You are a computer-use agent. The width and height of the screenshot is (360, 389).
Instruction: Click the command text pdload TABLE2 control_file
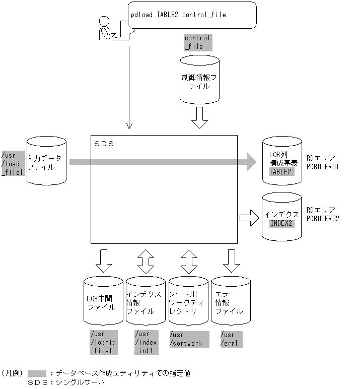(178, 15)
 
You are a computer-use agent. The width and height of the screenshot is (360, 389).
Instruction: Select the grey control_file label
(198, 42)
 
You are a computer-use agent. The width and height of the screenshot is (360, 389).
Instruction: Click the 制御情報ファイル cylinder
(199, 81)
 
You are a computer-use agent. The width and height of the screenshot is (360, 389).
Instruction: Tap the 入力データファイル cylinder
(46, 160)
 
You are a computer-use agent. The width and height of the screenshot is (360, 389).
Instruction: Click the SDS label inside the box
(104, 144)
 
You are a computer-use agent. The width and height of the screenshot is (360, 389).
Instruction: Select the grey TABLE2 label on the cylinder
(281, 172)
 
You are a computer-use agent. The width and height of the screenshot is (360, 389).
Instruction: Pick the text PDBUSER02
(323, 219)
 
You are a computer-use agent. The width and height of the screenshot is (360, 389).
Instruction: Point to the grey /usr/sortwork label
(189, 339)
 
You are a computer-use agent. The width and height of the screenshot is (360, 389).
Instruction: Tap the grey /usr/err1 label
(232, 339)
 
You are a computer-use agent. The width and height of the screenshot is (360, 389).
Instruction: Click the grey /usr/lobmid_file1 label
(104, 343)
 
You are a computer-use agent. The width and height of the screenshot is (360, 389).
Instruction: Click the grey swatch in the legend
(37, 373)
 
